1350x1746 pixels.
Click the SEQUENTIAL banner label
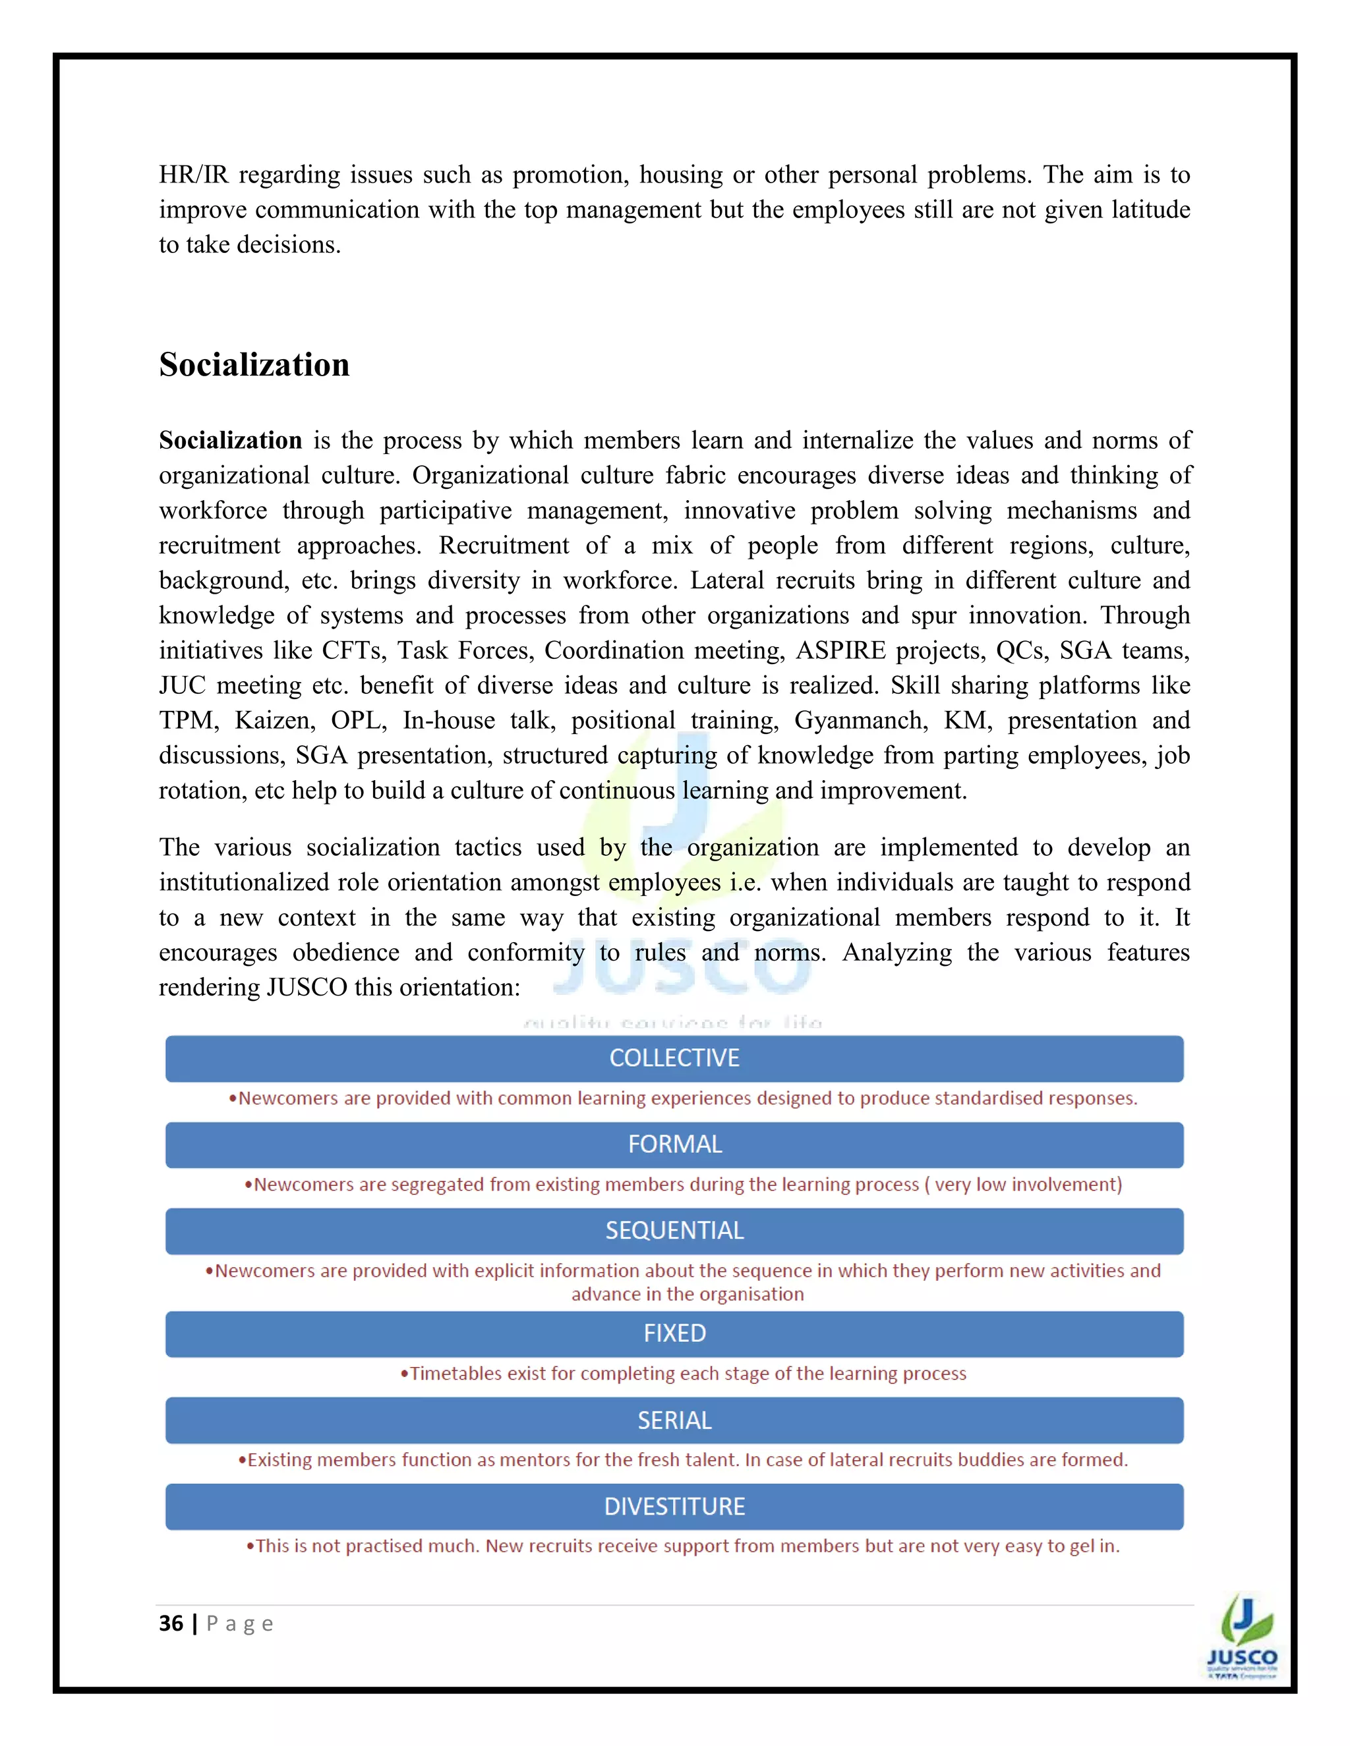[x=674, y=1230]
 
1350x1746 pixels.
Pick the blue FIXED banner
[x=674, y=1334]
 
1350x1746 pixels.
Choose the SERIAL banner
[x=674, y=1421]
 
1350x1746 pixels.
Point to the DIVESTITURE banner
[x=674, y=1507]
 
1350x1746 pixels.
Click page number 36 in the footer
[x=171, y=1623]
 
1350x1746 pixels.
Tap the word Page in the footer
[x=240, y=1623]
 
